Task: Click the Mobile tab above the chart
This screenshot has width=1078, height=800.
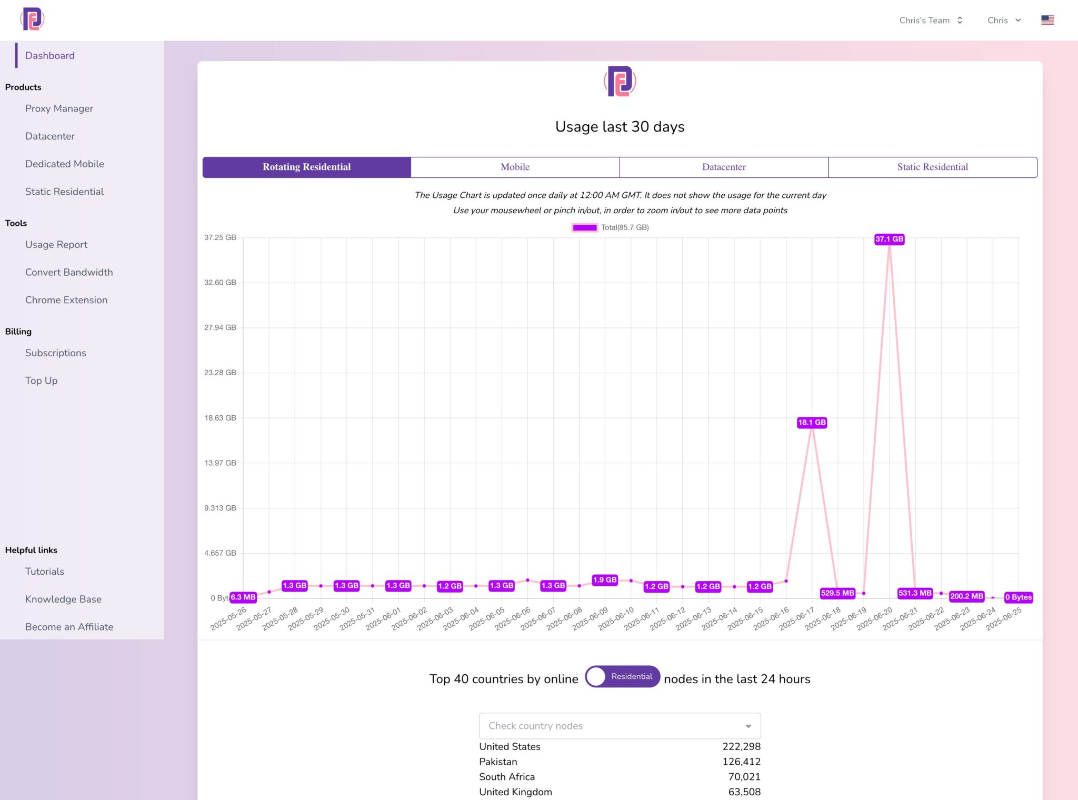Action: click(x=515, y=167)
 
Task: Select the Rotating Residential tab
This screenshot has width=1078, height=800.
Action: click(x=306, y=167)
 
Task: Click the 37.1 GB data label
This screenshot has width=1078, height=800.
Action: click(x=889, y=239)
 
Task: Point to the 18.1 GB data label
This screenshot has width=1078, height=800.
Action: click(x=812, y=422)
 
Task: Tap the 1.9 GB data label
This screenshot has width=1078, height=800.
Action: click(x=604, y=579)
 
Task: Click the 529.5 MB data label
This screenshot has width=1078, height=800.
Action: click(x=837, y=593)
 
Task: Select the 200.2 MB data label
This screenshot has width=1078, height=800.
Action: click(x=966, y=596)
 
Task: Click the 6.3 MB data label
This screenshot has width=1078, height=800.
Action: click(x=243, y=597)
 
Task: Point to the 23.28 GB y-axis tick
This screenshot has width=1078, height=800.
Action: click(x=220, y=373)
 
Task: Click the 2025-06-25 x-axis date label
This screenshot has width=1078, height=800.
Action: click(x=1004, y=619)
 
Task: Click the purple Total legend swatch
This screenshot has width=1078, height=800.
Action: click(x=584, y=227)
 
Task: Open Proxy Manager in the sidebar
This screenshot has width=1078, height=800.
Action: click(x=59, y=108)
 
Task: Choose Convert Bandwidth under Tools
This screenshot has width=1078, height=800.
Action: click(x=69, y=272)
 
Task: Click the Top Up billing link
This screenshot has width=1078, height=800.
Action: click(x=42, y=381)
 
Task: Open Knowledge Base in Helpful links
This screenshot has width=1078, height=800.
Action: click(x=63, y=599)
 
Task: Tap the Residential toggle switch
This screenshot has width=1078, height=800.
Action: click(x=622, y=676)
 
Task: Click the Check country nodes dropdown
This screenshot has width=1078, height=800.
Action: click(x=620, y=726)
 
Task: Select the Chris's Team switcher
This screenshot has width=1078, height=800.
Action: click(x=931, y=20)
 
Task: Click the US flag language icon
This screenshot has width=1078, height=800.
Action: click(x=1047, y=20)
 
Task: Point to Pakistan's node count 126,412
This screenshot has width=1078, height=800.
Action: click(x=741, y=762)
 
